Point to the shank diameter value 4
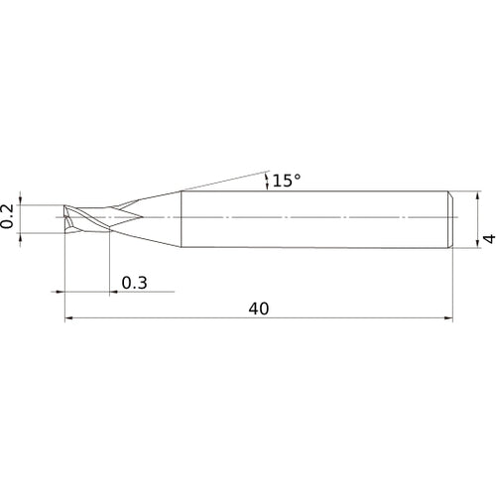(487, 239)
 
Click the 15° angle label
(286, 181)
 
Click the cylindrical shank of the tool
(317, 218)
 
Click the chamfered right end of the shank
(450, 218)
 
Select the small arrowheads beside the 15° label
(266, 180)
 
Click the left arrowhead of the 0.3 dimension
(59, 293)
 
